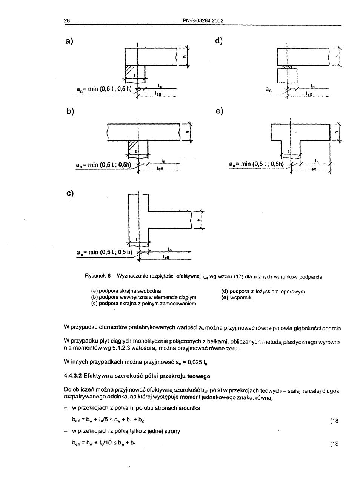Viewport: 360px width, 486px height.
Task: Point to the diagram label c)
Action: coord(69,193)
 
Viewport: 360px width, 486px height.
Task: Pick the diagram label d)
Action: coord(219,41)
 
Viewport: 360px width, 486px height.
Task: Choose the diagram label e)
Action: coord(219,111)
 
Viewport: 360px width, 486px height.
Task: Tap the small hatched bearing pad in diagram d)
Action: coord(288,67)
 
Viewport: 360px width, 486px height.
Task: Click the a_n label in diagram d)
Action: coord(268,89)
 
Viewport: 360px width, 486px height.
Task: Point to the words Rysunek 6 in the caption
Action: coord(97,277)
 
